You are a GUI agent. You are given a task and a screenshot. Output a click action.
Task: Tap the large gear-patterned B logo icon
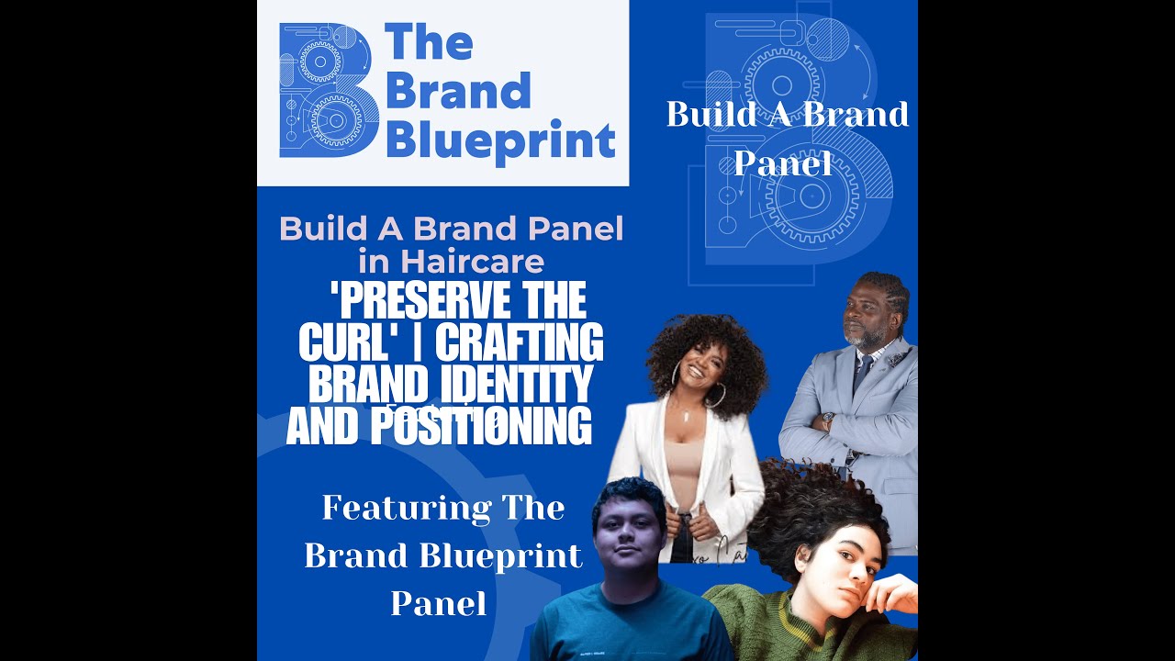coord(329,90)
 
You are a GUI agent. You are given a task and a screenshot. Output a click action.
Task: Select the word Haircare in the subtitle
coord(452,263)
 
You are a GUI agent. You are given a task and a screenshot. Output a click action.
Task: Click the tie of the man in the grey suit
coord(861,373)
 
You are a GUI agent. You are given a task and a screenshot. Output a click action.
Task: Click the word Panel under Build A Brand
coord(782,163)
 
